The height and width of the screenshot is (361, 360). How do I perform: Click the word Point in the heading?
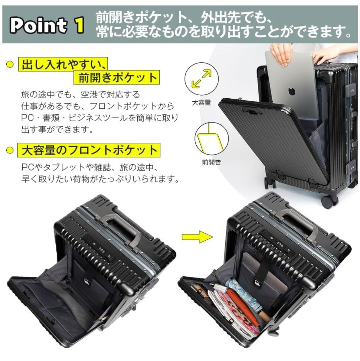click(x=38, y=25)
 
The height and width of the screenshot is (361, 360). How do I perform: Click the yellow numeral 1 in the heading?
click(x=79, y=25)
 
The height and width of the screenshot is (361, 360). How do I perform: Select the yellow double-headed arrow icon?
click(x=202, y=79)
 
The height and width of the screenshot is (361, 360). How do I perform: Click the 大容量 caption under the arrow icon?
click(x=201, y=103)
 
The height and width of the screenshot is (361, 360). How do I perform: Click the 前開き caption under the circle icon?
click(x=211, y=162)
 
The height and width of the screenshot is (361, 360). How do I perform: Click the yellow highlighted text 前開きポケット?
click(x=117, y=77)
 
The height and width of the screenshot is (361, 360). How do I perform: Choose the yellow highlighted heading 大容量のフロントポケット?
click(x=89, y=150)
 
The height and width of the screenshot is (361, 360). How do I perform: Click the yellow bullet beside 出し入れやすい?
click(x=10, y=64)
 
